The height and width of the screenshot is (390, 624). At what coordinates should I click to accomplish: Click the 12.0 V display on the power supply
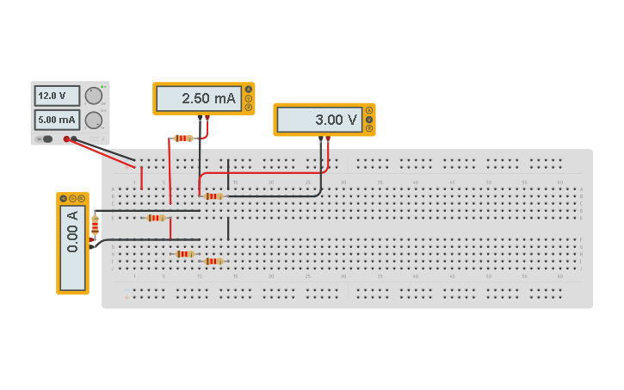pos(57,96)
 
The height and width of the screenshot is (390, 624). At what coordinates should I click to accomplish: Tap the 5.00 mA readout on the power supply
pos(57,120)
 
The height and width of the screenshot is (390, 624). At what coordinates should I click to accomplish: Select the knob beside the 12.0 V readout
pos(93,96)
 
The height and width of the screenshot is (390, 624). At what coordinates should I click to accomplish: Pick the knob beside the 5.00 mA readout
pos(93,120)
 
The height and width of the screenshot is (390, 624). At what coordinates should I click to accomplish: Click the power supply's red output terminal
pos(66,139)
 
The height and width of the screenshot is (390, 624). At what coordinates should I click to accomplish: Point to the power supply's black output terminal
pos(74,139)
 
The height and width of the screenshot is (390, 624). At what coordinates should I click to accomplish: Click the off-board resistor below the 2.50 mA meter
pos(182,138)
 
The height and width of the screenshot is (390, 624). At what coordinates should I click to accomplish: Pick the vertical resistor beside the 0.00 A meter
pos(95,227)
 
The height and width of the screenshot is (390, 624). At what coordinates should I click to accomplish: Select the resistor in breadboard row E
pos(155,218)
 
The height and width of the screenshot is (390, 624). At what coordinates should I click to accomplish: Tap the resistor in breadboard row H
pos(184,254)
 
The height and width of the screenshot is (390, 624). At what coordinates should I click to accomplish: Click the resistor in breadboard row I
pos(213,261)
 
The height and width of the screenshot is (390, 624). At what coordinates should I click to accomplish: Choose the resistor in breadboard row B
pos(213,196)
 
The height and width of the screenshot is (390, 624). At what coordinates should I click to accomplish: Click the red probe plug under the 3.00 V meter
pos(328,139)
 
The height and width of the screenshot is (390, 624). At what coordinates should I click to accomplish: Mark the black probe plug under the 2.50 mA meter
pos(200,117)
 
